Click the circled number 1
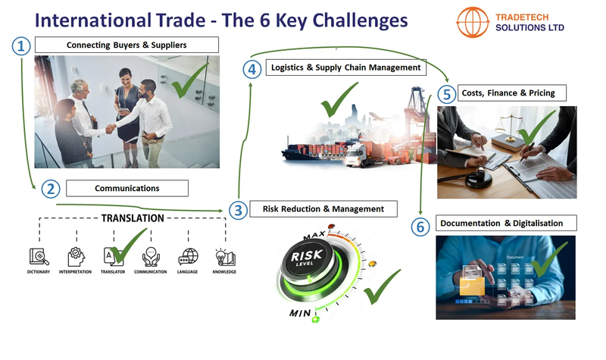click(21, 46)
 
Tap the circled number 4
click(251, 69)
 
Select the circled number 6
click(420, 225)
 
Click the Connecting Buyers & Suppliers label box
click(126, 45)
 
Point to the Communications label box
click(127, 187)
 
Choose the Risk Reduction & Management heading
click(323, 208)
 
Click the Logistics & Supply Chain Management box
click(346, 68)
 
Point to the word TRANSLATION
click(133, 218)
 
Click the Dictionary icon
click(38, 256)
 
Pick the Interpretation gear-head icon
click(75, 256)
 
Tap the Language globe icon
click(187, 256)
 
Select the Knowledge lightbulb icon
click(224, 256)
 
